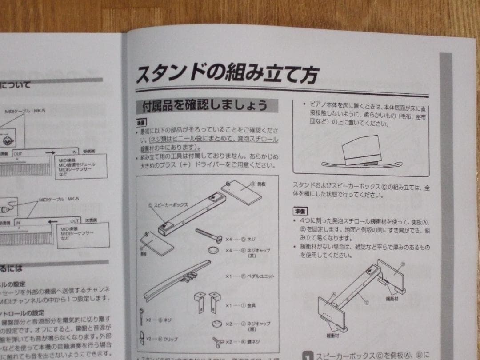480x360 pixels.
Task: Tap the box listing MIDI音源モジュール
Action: point(80,166)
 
